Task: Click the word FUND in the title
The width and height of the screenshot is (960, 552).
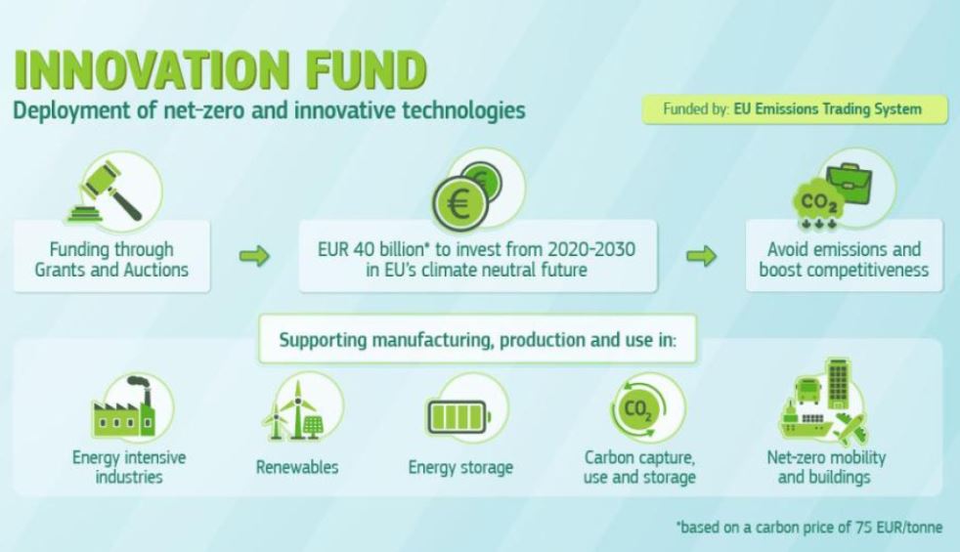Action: pos(366,69)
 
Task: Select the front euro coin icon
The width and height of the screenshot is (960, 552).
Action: pos(460,203)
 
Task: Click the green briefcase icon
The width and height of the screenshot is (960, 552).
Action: pos(850,183)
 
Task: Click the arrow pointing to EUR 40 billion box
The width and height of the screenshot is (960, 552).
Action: pos(254,256)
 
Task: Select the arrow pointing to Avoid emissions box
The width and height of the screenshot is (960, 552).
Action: pos(701,256)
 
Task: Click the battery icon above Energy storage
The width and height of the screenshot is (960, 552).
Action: pos(458,417)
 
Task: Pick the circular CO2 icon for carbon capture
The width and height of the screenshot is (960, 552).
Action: pos(638,408)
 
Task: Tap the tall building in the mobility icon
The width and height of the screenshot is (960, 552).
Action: pos(838,383)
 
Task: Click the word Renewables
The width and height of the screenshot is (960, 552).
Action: pos(297,468)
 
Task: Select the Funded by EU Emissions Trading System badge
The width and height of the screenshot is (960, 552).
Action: pos(795,109)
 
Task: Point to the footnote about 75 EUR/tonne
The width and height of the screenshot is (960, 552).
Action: pos(809,527)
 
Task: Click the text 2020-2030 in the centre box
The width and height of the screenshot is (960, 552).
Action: pos(591,250)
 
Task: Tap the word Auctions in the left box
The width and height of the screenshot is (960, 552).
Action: pos(156,270)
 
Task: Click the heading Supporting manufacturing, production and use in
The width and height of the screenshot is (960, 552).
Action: pos(477,340)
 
